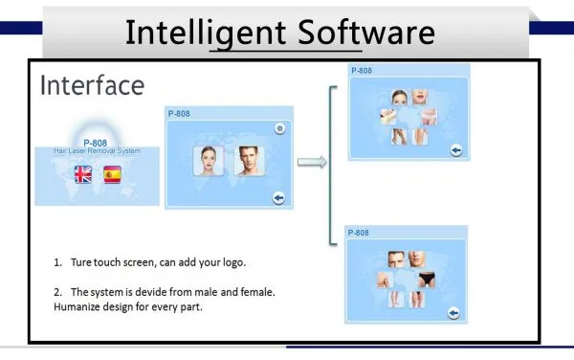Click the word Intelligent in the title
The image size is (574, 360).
(206, 34)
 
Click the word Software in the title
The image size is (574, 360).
(366, 33)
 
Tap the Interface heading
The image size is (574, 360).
(92, 85)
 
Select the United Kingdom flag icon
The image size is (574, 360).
(83, 174)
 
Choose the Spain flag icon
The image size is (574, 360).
(112, 174)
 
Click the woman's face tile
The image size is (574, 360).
(209, 161)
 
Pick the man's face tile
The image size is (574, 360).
(249, 161)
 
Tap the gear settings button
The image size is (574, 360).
(280, 128)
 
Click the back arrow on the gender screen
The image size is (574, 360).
(278, 198)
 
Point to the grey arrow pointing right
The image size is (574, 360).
(312, 162)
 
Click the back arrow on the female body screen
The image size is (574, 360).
(455, 150)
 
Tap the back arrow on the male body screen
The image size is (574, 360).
(453, 313)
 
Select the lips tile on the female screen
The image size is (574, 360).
(420, 97)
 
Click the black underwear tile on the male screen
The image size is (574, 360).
(427, 280)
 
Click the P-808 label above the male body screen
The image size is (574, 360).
(358, 233)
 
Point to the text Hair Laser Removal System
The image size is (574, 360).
(97, 150)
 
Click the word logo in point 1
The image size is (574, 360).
(234, 263)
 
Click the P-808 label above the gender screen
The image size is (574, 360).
(179, 114)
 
